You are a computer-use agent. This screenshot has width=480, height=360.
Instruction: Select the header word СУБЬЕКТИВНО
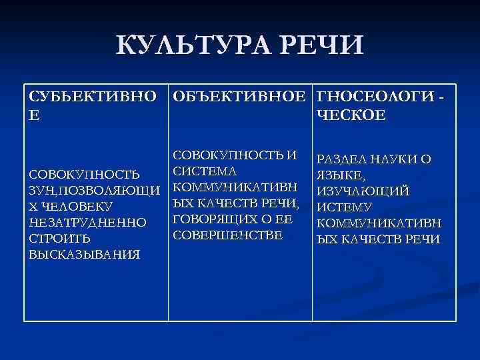pyautogui.click(x=94, y=97)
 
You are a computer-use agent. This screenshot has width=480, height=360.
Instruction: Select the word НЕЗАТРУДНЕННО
pyautogui.click(x=87, y=223)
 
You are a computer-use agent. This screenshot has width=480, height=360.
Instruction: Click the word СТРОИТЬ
pyautogui.click(x=59, y=239)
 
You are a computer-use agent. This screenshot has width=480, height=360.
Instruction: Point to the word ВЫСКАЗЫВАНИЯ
pyautogui.click(x=84, y=255)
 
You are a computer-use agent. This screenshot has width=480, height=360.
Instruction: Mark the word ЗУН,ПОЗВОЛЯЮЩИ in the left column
pyautogui.click(x=95, y=191)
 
